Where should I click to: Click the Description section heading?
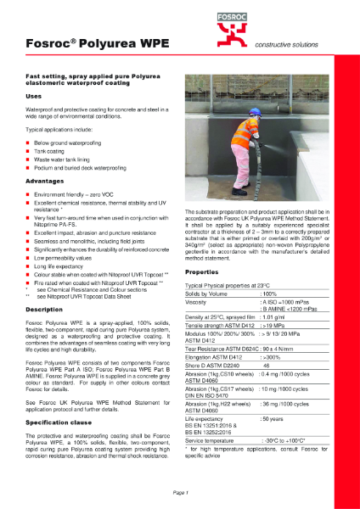point(46,310)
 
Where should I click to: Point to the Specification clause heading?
point(59,422)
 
